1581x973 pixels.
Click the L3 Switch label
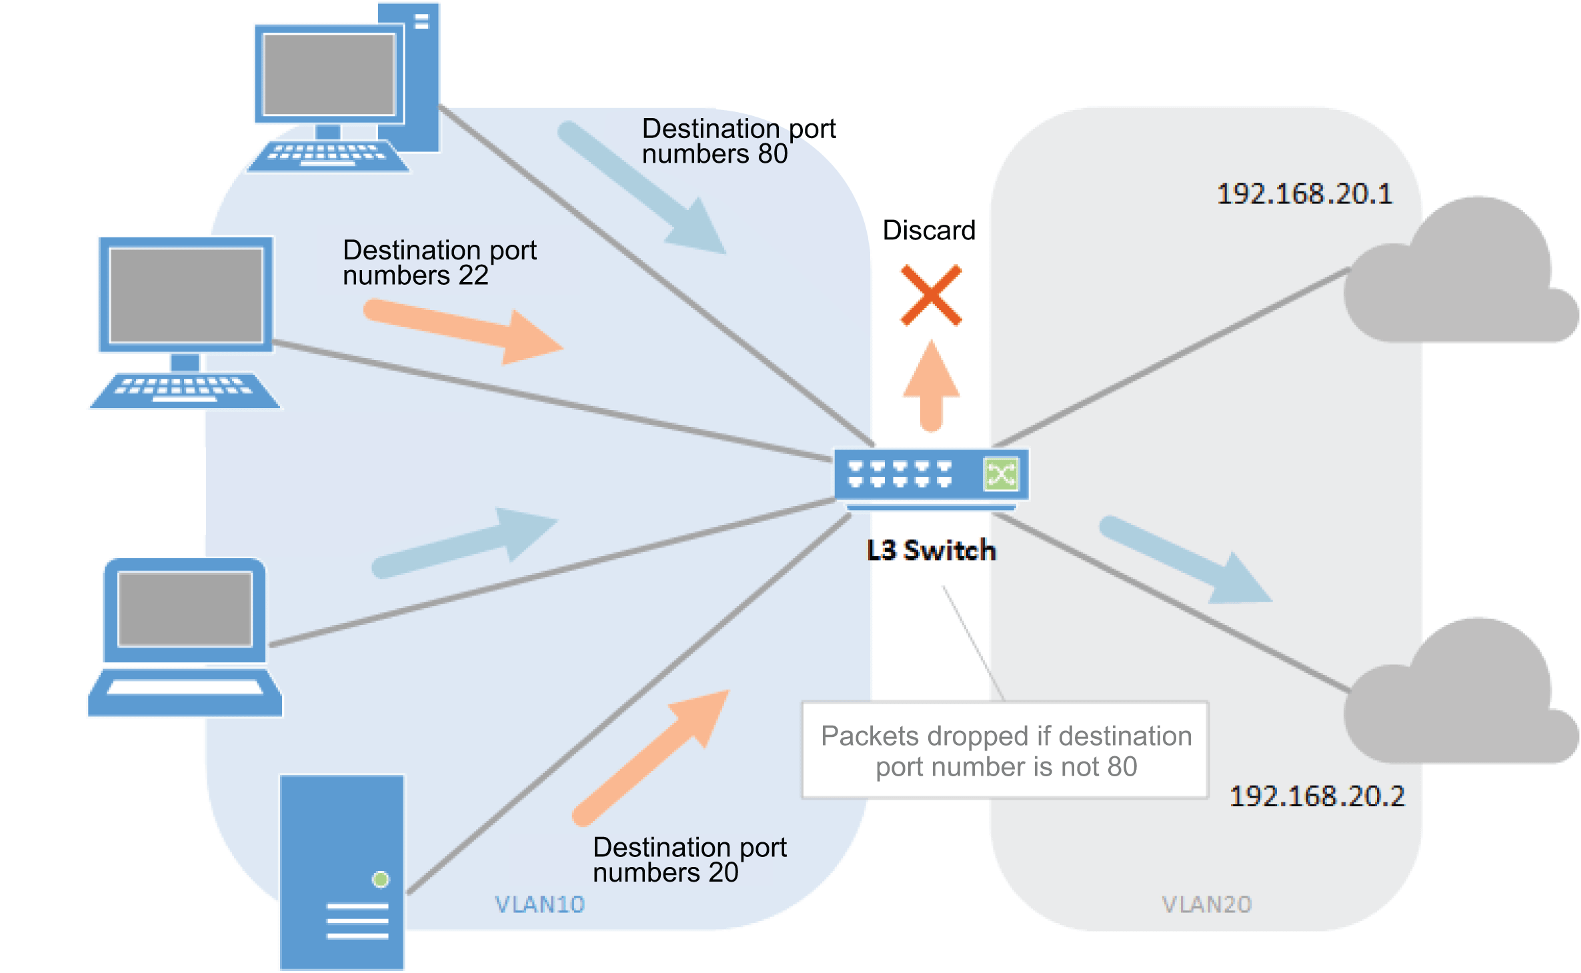pyautogui.click(x=931, y=550)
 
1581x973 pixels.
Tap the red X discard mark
pyautogui.click(x=931, y=295)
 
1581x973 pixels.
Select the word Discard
pyautogui.click(x=929, y=230)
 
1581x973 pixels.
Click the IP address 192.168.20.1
pyautogui.click(x=1304, y=194)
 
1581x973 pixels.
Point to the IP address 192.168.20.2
pyautogui.click(x=1317, y=796)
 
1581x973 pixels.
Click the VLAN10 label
pyautogui.click(x=539, y=904)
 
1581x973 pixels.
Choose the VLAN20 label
pyautogui.click(x=1206, y=904)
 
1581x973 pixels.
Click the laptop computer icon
pyautogui.click(x=185, y=637)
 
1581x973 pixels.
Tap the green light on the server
pyautogui.click(x=381, y=880)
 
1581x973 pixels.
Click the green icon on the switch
pyautogui.click(x=1001, y=474)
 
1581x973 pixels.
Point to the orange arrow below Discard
pyautogui.click(x=931, y=387)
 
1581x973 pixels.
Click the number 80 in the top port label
pyautogui.click(x=773, y=154)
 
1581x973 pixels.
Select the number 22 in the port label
pyautogui.click(x=473, y=275)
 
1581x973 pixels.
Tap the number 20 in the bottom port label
pyautogui.click(x=723, y=872)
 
